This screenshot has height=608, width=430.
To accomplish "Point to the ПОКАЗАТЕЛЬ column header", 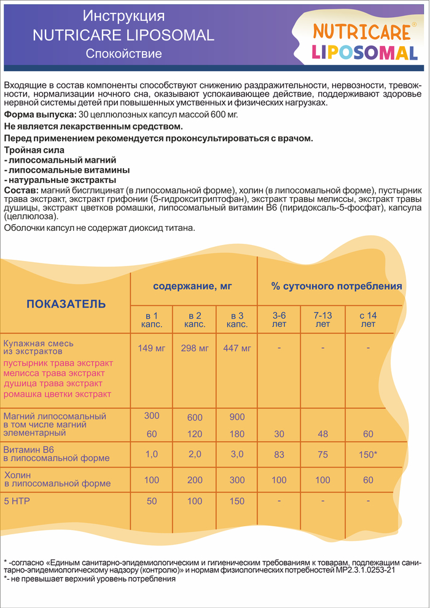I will pos(66,304).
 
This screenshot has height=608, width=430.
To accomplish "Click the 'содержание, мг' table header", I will pos(193,286).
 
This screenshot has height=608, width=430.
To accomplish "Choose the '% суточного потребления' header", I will pos(337,286).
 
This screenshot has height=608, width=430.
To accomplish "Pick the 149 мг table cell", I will pos(151,349).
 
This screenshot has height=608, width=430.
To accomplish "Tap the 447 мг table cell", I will pos(237,349).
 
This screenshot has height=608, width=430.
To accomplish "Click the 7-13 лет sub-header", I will pos(322,319).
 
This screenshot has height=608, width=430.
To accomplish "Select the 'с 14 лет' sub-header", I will pos(368,319).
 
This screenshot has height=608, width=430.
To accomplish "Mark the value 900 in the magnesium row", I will pos(237,417).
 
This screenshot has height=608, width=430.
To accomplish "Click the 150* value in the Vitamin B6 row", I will pos(368,454).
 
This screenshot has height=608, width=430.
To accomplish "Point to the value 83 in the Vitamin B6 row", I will pos(279,454).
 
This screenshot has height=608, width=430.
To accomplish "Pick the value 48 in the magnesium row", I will pos(322,434).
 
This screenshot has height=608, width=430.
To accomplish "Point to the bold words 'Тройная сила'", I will pos(33,150).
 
